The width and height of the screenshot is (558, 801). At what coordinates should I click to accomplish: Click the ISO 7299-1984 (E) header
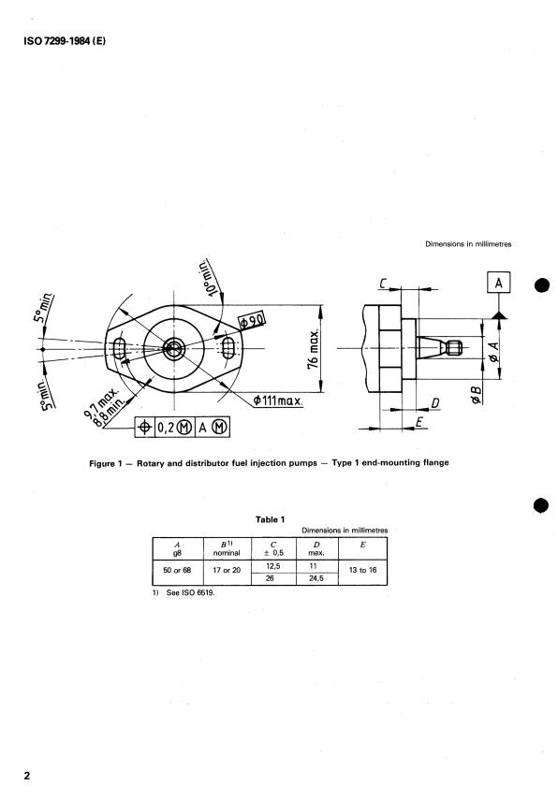click(65, 41)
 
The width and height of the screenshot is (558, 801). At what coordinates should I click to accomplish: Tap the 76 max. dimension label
click(314, 349)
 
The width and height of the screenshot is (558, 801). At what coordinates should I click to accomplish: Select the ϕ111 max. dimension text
click(278, 400)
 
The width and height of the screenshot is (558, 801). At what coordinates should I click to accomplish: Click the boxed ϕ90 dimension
click(253, 321)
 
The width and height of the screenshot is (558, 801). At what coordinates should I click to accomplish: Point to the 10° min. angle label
click(209, 277)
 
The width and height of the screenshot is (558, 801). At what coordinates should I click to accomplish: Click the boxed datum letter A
click(499, 283)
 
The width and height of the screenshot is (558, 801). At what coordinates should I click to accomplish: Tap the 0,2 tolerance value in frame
click(165, 427)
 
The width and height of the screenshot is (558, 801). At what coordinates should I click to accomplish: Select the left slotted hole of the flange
click(119, 349)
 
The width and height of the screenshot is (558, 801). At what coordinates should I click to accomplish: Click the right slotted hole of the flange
click(229, 348)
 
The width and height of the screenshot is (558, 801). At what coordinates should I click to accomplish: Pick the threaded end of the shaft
click(454, 348)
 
